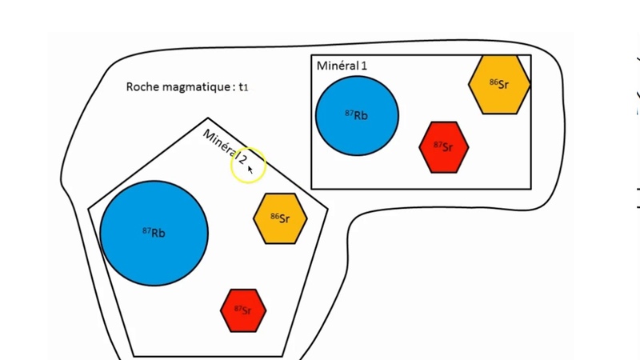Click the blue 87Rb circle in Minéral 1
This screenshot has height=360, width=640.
click(357, 115)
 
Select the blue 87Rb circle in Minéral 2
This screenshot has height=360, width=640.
click(154, 233)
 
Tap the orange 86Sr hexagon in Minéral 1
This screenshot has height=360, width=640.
click(499, 83)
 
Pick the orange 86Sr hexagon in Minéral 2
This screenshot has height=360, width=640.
click(280, 218)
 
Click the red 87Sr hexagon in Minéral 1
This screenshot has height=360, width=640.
click(443, 147)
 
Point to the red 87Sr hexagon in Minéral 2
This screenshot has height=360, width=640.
click(242, 310)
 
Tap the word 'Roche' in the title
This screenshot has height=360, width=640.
click(142, 86)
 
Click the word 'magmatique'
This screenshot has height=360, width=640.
click(195, 87)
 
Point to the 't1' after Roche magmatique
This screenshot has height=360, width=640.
click(243, 87)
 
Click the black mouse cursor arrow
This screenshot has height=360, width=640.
click(250, 170)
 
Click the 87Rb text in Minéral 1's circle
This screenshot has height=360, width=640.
click(357, 115)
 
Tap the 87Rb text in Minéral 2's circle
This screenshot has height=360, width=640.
click(154, 233)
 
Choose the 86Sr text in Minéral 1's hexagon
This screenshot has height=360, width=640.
click(499, 84)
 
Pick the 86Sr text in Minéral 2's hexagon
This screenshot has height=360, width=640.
click(280, 218)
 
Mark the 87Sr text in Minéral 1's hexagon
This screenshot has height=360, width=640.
click(443, 147)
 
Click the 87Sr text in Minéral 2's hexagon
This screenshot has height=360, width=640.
click(242, 310)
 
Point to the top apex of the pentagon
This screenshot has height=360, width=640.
click(208, 119)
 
